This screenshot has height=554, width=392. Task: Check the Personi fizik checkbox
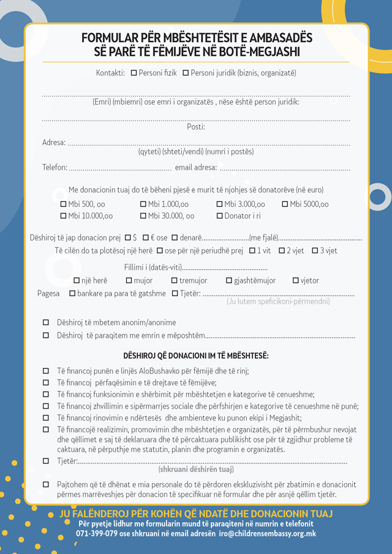click(134, 73)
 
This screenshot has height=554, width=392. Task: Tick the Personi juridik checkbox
click(186, 73)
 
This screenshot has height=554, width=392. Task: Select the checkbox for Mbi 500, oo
click(63, 204)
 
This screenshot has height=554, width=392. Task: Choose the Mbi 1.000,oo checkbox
click(143, 204)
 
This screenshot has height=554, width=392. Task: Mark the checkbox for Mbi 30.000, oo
click(143, 216)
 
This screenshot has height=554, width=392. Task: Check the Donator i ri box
click(220, 216)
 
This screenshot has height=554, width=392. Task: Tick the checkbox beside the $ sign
click(127, 238)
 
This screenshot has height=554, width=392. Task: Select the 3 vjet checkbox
click(315, 251)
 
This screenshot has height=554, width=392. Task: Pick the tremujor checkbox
click(175, 281)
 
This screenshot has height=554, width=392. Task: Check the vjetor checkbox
click(296, 281)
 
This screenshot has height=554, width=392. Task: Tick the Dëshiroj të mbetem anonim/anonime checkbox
click(46, 323)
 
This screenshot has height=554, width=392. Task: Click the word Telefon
click(54, 168)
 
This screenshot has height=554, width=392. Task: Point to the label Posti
click(195, 127)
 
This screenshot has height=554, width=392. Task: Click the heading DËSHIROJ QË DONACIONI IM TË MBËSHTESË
click(196, 356)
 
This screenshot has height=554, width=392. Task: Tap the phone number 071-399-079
click(97, 534)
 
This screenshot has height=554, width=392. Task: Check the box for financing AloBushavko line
click(46, 371)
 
